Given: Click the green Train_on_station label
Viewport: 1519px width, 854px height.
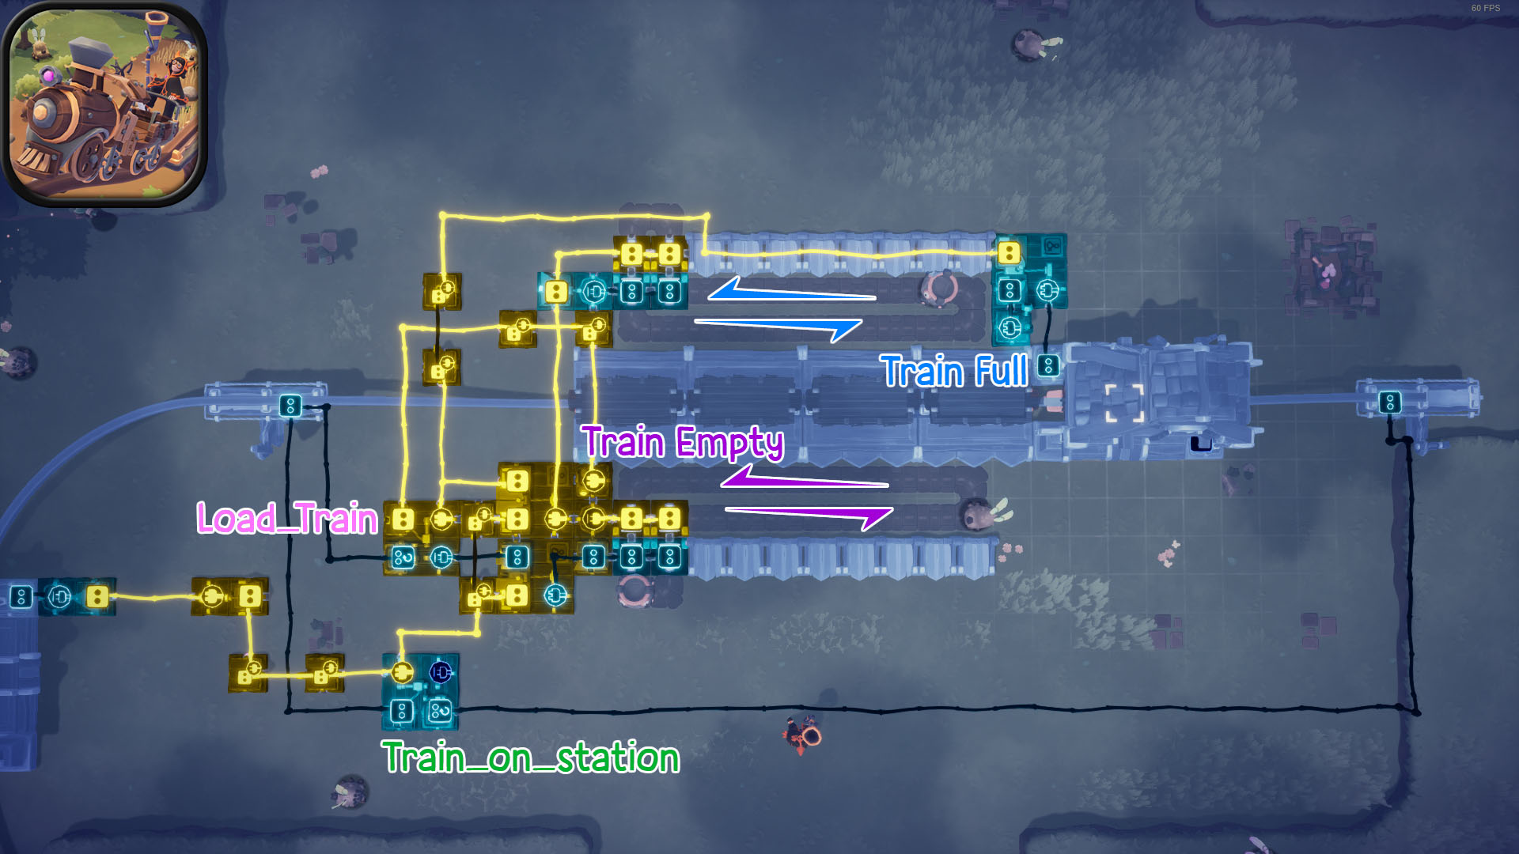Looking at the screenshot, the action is coord(531,758).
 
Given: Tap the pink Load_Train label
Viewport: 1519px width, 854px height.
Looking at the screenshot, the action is coord(287,519).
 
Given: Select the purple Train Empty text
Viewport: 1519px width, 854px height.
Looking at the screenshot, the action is coord(683,442).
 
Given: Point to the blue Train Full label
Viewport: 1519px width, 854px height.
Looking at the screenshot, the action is coord(954,371).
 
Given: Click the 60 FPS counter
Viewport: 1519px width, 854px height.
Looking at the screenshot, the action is coord(1485,8).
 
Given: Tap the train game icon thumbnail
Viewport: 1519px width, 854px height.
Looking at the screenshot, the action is coord(104,104).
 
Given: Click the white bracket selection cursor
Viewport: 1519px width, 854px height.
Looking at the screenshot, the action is coord(1124,403).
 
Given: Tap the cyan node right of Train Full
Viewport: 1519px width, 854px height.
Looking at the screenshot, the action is coord(1048,365).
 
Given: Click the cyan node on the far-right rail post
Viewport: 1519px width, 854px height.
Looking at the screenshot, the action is coord(1390,402).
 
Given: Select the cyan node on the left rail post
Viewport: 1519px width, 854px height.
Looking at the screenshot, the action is coord(290,406).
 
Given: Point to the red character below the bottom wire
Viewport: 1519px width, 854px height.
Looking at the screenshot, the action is coord(803,734).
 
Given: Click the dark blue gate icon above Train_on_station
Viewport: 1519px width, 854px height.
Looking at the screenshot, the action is coord(441,672).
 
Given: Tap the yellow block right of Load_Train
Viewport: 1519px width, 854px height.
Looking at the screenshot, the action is coord(403,520).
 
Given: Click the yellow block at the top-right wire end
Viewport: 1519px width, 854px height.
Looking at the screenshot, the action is coord(1009,253).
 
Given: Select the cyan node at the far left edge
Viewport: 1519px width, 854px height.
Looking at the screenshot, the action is coord(21,596).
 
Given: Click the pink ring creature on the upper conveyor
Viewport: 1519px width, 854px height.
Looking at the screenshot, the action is coord(941,289).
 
